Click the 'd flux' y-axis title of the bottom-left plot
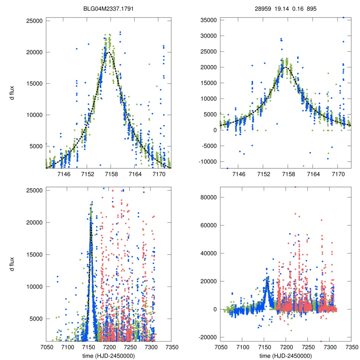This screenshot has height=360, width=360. [x=12, y=264]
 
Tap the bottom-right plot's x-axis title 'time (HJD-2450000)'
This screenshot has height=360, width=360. [x=285, y=355]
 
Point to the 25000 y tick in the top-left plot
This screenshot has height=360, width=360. [x=34, y=21]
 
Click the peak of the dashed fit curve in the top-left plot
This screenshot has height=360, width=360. [x=109, y=52]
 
